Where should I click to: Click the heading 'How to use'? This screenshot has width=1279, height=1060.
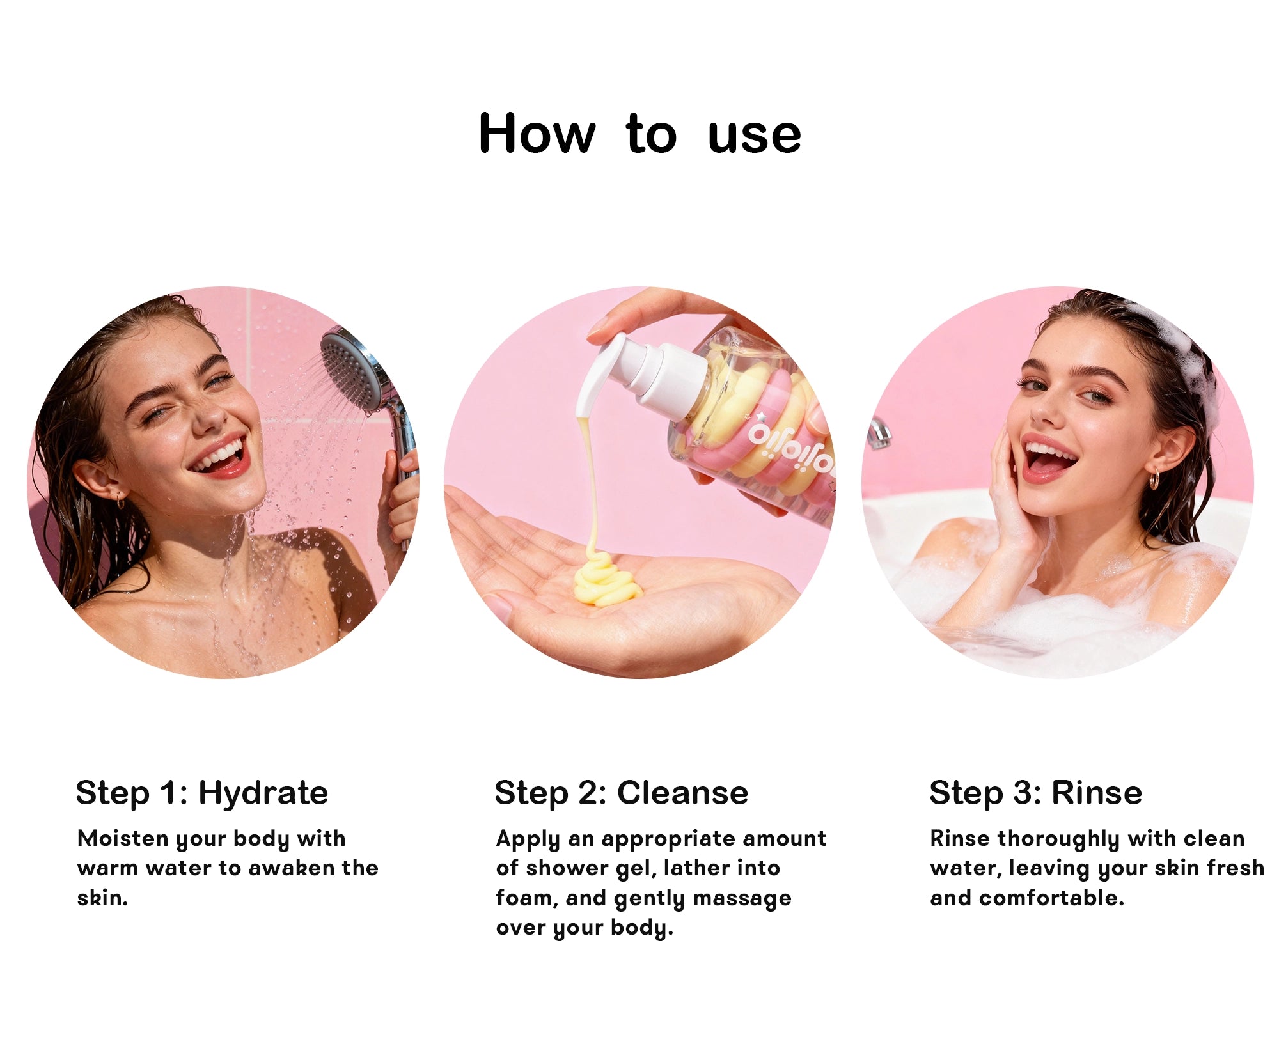click(x=639, y=134)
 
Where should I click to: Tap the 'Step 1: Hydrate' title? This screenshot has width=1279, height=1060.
click(x=202, y=793)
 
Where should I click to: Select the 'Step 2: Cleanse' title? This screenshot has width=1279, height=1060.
click(x=621, y=793)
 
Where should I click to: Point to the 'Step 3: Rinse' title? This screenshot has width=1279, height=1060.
click(x=1035, y=793)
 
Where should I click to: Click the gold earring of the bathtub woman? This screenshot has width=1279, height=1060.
click(x=1154, y=480)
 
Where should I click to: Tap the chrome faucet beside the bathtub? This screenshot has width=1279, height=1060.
click(x=879, y=432)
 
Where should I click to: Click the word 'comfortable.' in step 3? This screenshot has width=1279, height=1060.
click(x=1051, y=898)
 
